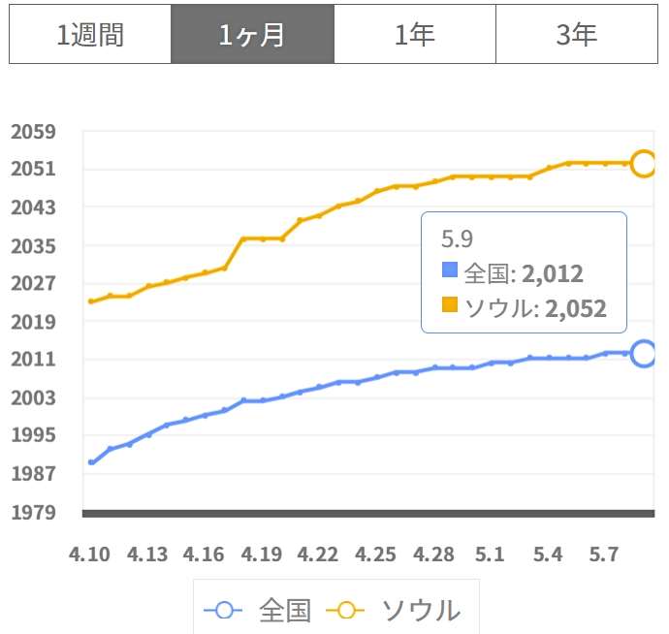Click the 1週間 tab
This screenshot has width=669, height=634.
tap(90, 34)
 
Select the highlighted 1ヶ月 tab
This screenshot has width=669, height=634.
tap(252, 34)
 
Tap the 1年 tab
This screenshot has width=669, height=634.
tap(415, 34)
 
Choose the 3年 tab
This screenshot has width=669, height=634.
tap(577, 34)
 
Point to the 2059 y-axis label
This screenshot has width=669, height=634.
tap(33, 132)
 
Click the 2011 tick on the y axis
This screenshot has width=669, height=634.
tap(33, 360)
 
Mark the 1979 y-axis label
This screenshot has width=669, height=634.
tap(33, 513)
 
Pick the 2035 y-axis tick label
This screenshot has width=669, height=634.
tap(33, 246)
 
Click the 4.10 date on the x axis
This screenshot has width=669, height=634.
tap(89, 555)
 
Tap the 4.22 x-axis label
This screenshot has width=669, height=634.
tap(318, 555)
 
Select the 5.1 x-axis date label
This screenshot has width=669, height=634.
tap(490, 555)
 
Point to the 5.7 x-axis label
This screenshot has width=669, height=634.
tap(604, 555)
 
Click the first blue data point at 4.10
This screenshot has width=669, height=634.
tap(91, 462)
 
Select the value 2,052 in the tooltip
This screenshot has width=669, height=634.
tap(576, 308)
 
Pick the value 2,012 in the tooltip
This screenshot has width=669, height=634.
tap(553, 273)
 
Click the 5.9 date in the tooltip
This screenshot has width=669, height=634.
tap(457, 238)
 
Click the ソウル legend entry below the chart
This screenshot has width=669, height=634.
tap(394, 611)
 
